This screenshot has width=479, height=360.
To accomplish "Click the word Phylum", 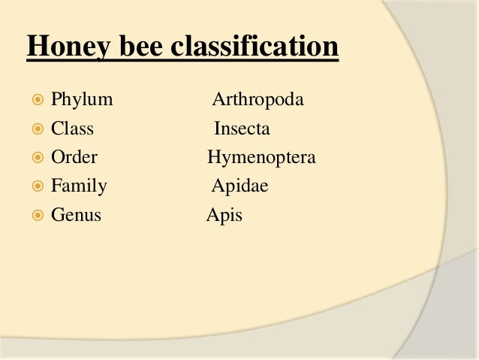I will tap(81, 99).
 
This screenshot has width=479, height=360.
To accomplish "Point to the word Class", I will tap(72, 129).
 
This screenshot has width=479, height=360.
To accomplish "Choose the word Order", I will tap(74, 158).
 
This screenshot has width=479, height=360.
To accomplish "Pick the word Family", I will tap(79, 186).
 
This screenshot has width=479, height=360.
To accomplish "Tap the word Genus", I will tap(76, 216).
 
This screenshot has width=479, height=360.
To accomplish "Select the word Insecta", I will tap(242, 129).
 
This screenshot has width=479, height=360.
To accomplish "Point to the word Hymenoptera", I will tap(261, 158).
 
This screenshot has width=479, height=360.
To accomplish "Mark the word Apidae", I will tap(239, 186).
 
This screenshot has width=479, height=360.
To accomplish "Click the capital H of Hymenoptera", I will tap(213, 158).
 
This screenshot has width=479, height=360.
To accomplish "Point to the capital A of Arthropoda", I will tap(218, 99).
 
